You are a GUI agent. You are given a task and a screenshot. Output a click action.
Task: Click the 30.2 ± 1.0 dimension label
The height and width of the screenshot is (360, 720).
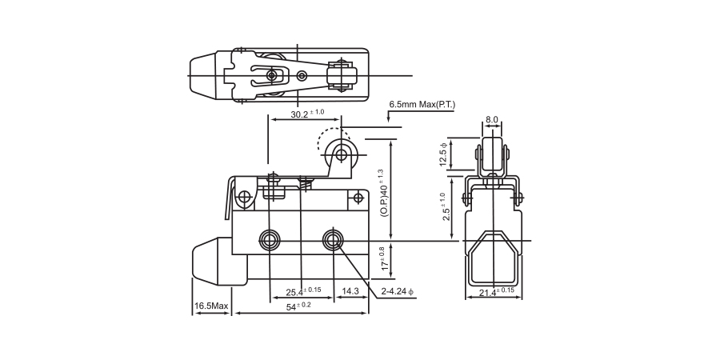(307, 114)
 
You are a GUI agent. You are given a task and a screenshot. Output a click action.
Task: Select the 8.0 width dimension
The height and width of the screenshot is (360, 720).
(491, 120)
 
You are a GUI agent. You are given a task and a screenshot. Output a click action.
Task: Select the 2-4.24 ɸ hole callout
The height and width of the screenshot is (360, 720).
(397, 291)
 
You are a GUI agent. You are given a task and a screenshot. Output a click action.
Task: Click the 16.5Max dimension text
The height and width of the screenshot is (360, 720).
(211, 306)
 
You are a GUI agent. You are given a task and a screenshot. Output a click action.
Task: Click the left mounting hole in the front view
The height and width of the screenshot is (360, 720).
(268, 240)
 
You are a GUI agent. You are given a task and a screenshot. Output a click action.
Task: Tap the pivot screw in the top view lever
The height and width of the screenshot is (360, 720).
(273, 74)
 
